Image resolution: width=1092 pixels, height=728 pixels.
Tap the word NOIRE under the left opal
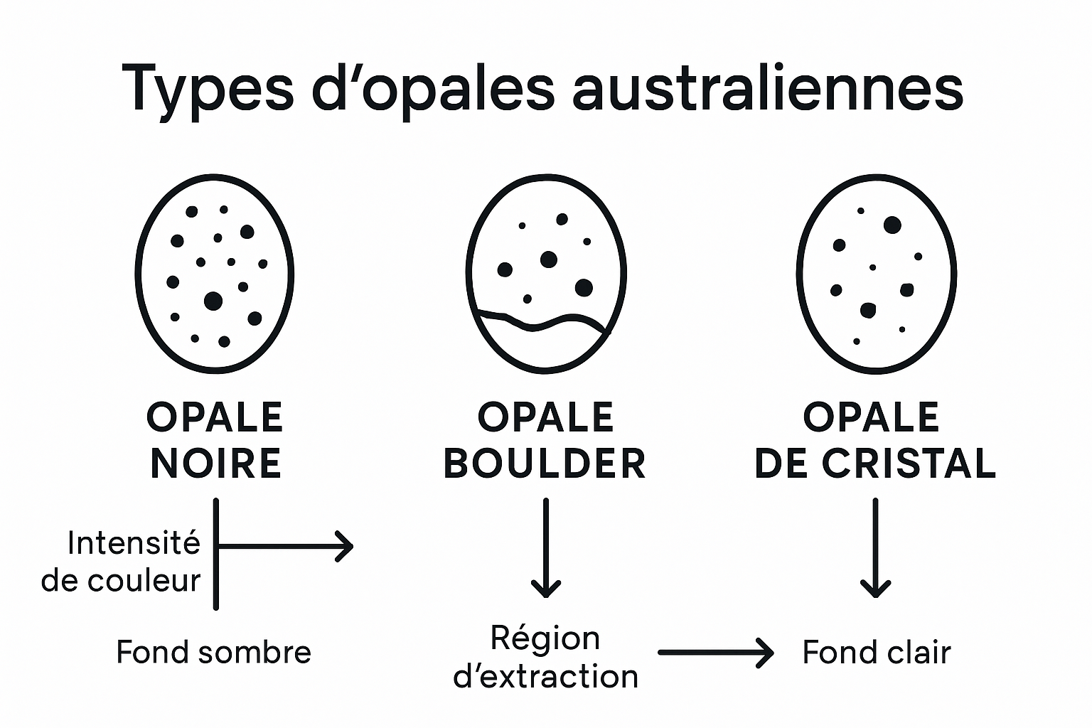[x=216, y=464]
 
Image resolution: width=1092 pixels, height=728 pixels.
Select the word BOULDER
[x=545, y=464]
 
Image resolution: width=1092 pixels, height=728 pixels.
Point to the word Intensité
[x=134, y=544]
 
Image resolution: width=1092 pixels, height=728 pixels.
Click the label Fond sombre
[x=213, y=652]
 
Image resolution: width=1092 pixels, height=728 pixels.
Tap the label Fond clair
[x=876, y=652]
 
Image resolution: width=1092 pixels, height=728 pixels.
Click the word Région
[x=545, y=638]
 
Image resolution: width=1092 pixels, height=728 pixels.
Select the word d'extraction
[x=545, y=676]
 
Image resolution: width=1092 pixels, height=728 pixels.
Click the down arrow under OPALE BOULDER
[x=546, y=547]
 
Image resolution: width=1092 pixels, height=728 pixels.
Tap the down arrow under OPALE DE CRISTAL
[x=875, y=547]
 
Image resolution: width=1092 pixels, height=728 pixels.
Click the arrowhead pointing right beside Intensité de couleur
[x=345, y=546]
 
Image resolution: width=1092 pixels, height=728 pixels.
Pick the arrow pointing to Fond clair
[x=715, y=652]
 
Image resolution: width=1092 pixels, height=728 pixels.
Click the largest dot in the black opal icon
[x=213, y=301]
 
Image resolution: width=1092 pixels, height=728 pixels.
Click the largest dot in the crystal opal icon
[x=892, y=225]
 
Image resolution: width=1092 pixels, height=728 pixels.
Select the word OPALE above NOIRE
[x=215, y=417]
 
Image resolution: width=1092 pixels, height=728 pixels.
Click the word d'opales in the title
[x=433, y=89]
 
